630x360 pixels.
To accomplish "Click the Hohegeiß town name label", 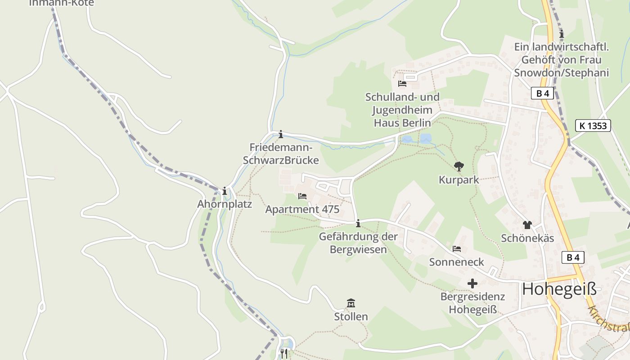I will [559, 289].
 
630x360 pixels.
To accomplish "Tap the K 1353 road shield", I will [593, 126].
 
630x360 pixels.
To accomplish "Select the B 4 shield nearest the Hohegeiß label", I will [573, 257].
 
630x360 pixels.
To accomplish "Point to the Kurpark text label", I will [459, 180].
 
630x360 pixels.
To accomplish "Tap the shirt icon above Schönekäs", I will [527, 225].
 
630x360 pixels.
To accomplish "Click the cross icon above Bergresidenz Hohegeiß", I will [472, 283].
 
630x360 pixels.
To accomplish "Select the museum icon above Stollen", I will [351, 303].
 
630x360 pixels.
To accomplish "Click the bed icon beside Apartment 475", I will [302, 196].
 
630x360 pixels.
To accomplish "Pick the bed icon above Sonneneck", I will [457, 249].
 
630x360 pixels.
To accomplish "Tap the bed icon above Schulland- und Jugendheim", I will [402, 84].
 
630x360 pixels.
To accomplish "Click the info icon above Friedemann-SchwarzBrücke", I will [281, 134].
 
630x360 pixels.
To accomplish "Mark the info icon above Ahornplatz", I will [225, 191].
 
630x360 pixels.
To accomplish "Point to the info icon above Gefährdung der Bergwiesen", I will [358, 223].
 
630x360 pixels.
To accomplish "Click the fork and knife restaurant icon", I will [284, 353].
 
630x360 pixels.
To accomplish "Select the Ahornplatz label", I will [225, 204].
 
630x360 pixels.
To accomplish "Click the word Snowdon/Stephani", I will [561, 72].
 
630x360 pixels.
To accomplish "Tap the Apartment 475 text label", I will [302, 209].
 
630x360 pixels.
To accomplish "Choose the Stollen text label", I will [351, 316].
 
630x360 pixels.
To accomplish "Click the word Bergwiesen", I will [358, 249].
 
